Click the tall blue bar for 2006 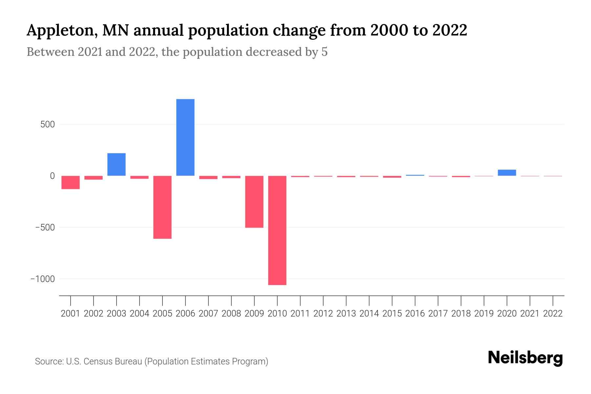tap(185, 137)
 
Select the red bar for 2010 tap(277, 230)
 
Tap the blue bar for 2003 tap(116, 164)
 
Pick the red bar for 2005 tap(162, 207)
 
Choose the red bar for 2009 tap(254, 202)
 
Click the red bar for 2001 tap(70, 182)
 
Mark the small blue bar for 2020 tap(507, 173)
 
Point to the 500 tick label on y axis tap(48, 124)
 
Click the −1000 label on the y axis tap(42, 279)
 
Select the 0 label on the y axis tap(52, 176)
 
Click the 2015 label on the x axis tap(392, 314)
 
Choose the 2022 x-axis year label tap(553, 314)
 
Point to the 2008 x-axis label tap(231, 314)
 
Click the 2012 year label tap(323, 314)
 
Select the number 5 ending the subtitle tap(324, 52)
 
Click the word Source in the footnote tap(49, 361)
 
